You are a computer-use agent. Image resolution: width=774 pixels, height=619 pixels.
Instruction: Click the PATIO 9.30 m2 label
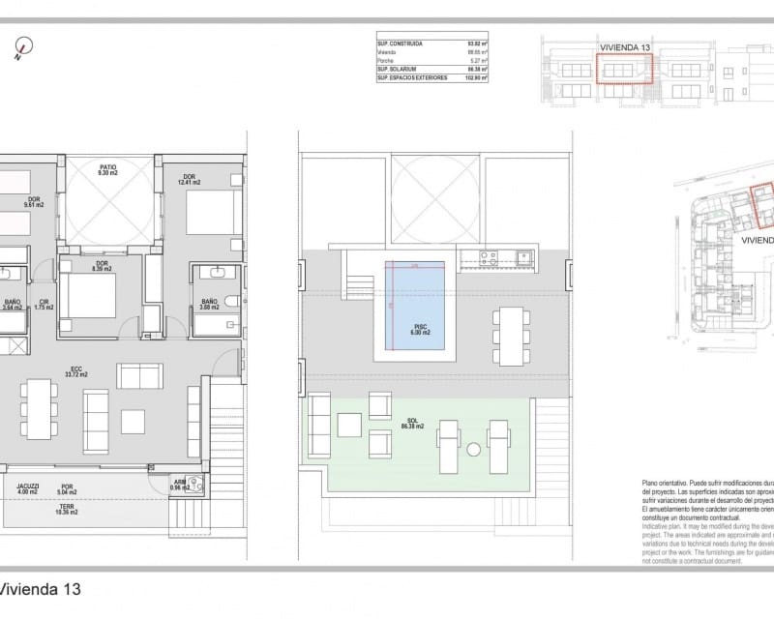[x=108, y=170]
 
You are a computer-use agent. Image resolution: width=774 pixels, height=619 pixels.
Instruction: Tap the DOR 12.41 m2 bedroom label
[x=188, y=179]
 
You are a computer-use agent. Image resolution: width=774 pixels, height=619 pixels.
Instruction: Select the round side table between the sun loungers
[x=474, y=450]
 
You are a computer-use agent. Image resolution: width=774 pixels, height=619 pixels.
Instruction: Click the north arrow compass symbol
[x=21, y=46]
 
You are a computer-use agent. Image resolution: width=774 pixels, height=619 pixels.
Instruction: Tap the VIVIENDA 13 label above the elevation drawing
[x=624, y=46]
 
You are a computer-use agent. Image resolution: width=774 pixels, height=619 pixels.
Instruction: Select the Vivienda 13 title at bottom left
[x=41, y=588]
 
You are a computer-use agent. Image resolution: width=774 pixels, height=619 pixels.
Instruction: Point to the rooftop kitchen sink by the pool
[x=523, y=257]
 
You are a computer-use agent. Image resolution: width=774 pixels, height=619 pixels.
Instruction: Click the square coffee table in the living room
[x=133, y=422]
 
